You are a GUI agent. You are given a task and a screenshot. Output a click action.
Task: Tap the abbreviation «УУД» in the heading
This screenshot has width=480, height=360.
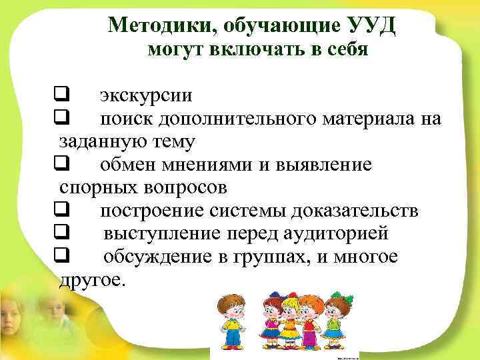373,25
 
